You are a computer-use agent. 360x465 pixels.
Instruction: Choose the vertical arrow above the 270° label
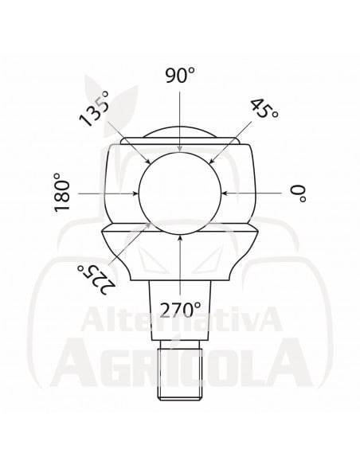point(182,266)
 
